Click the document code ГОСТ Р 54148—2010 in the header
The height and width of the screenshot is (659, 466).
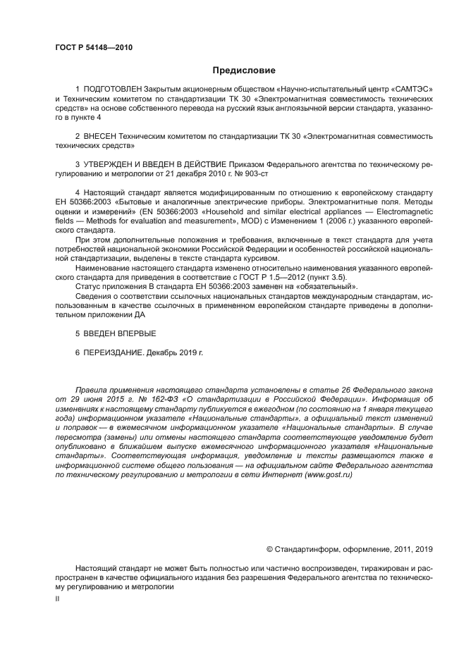coord(93,48)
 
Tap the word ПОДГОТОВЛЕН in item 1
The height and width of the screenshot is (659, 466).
coord(113,89)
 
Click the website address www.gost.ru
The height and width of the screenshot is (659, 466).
coord(327,475)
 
